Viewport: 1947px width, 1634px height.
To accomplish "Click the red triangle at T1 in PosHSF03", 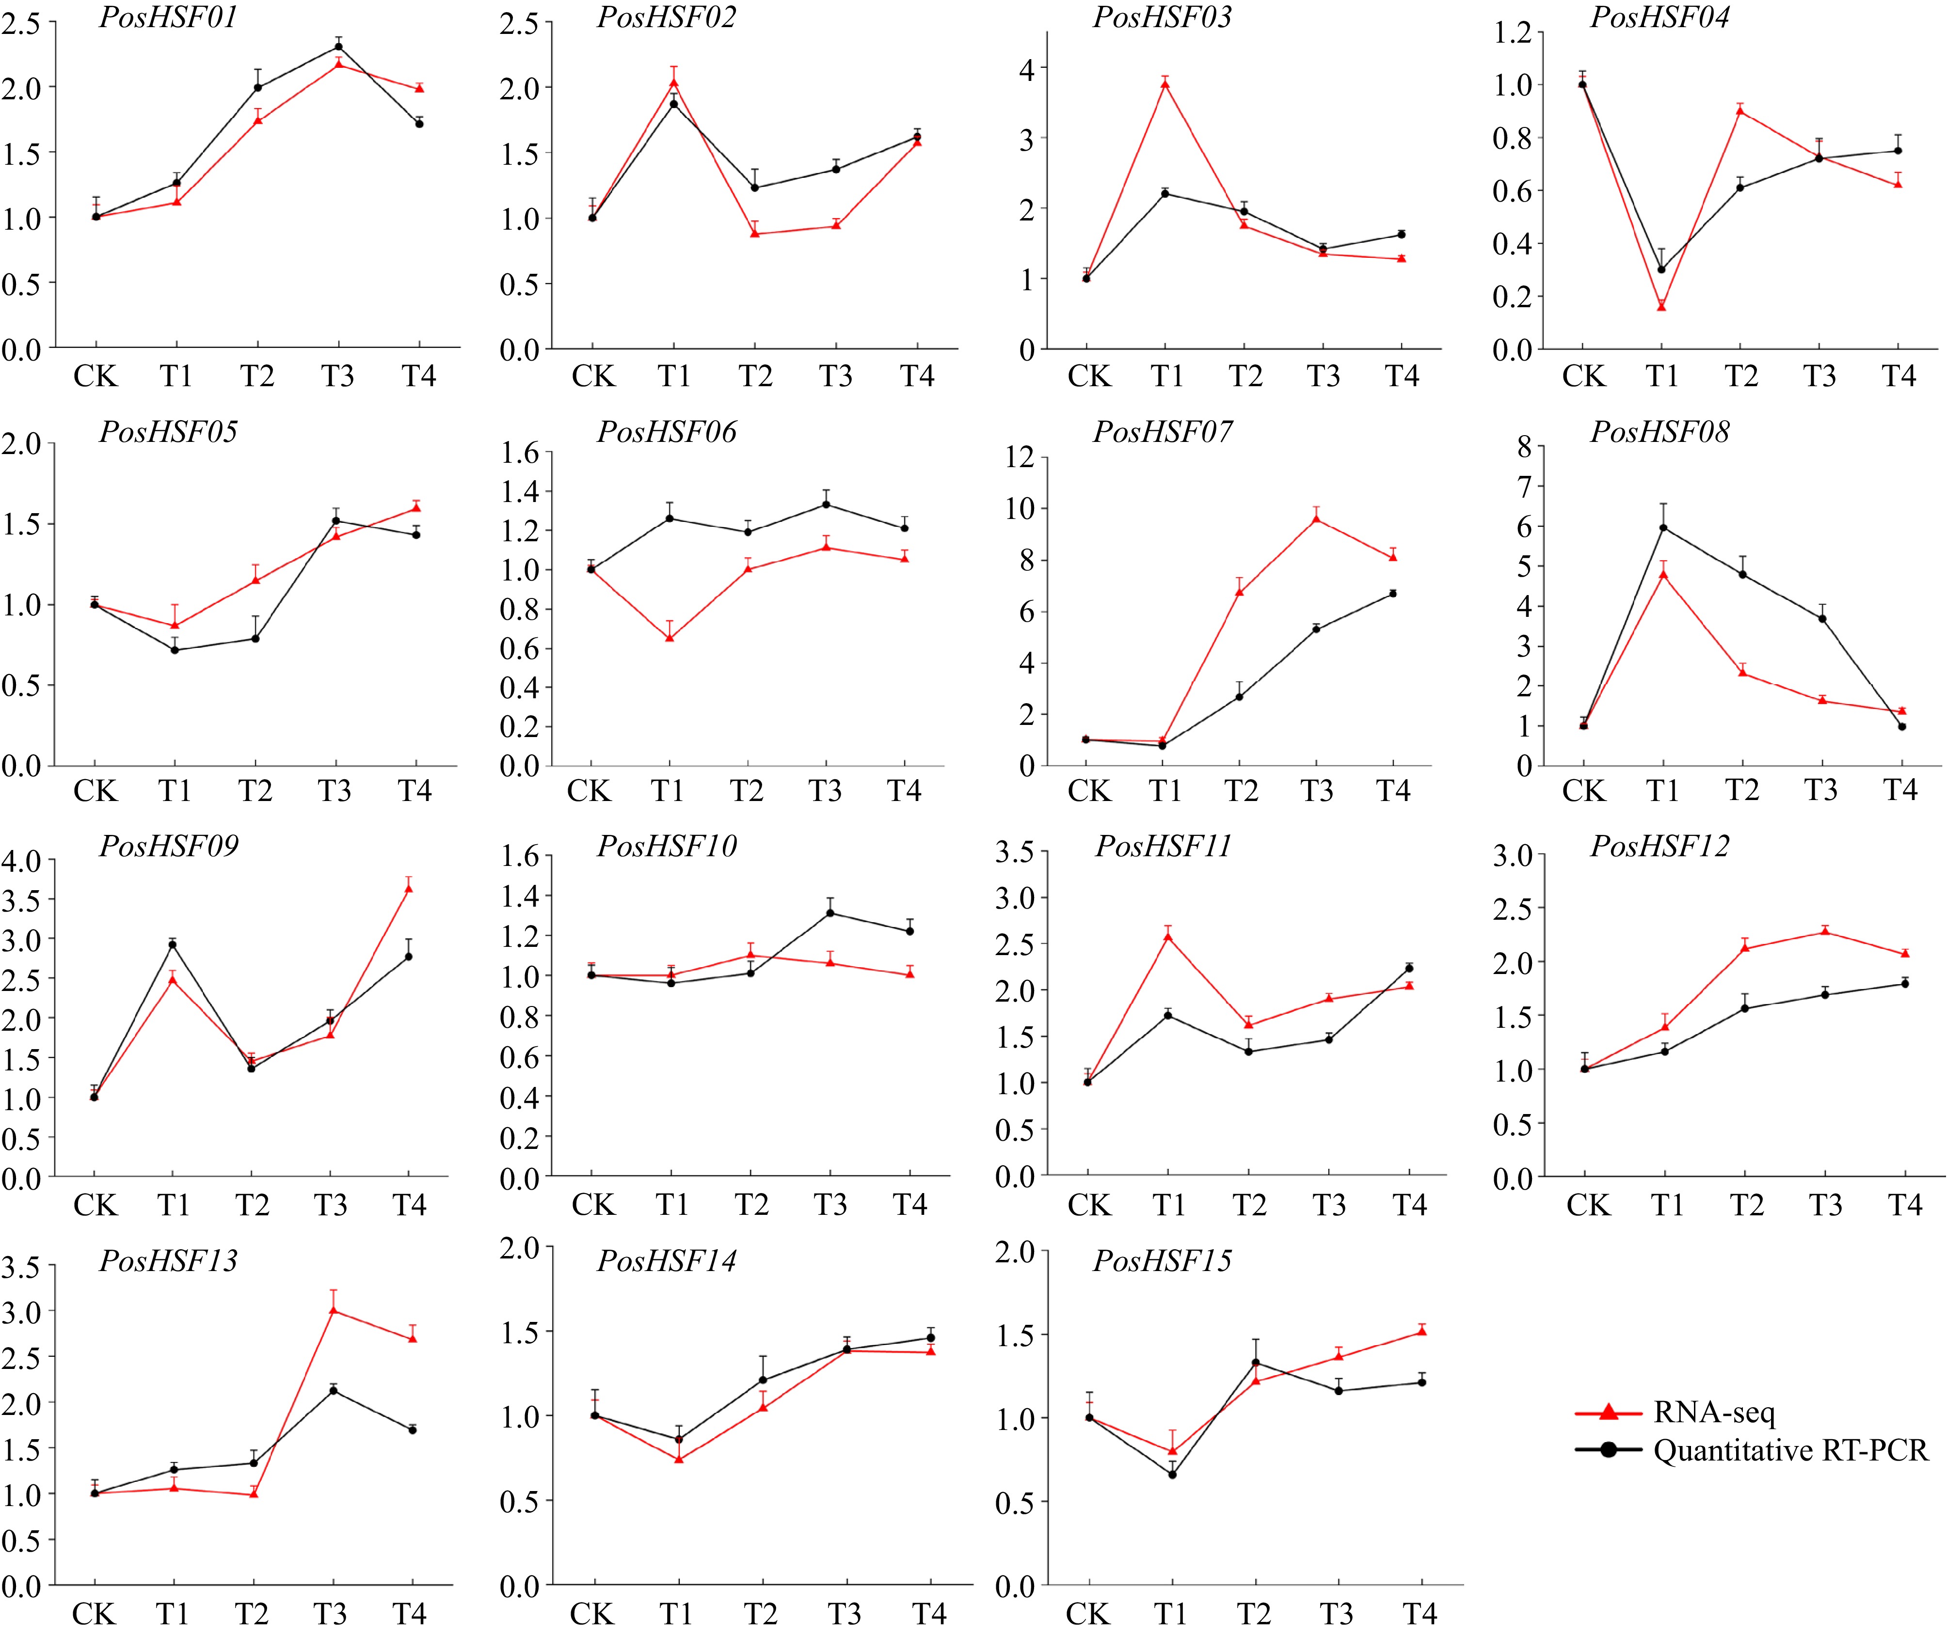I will pos(1165,83).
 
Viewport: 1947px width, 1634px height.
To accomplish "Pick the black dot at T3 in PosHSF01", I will pos(338,47).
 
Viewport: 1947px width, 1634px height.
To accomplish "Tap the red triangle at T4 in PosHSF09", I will pos(409,888).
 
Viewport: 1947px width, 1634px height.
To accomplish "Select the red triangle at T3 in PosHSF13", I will pos(333,1310).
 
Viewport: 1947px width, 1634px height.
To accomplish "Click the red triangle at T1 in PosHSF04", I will pos(1661,306).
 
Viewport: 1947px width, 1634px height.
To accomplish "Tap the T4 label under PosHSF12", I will pos(1905,1204).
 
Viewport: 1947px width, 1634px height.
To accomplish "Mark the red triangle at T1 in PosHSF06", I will pos(670,637).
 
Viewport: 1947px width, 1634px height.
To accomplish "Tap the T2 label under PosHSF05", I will pos(255,790).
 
